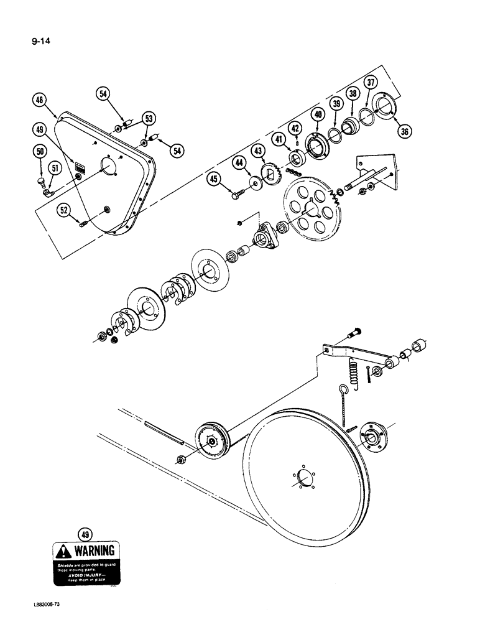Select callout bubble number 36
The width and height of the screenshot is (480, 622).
pos(405,131)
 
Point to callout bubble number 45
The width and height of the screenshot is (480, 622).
pos(215,180)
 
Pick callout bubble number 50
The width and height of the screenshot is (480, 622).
pos(40,151)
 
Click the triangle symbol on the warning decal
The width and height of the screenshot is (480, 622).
pos(64,551)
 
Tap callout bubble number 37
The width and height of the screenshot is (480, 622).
pos(371,82)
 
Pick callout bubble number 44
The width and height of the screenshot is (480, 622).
pos(238,163)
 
